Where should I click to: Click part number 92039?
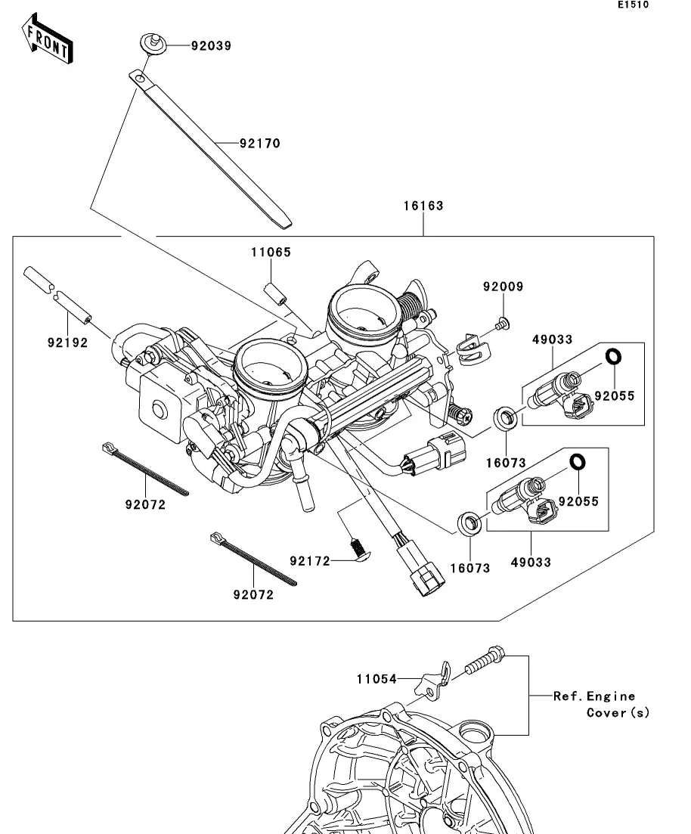pyautogui.click(x=210, y=45)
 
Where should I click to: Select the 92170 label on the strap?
pyautogui.click(x=259, y=143)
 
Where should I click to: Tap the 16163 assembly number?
pyautogui.click(x=423, y=206)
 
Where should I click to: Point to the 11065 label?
pyautogui.click(x=271, y=252)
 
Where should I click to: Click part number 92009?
pyautogui.click(x=504, y=287)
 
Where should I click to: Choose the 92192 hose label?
pyautogui.click(x=67, y=343)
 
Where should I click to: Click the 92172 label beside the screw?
pyautogui.click(x=310, y=561)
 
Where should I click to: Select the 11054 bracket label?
pyautogui.click(x=376, y=679)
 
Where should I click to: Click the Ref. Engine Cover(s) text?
pyautogui.click(x=601, y=704)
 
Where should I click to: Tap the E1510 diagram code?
pyautogui.click(x=633, y=5)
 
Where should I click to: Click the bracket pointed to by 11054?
pyautogui.click(x=433, y=681)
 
